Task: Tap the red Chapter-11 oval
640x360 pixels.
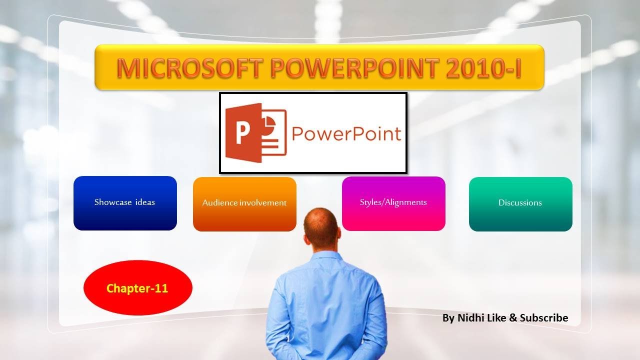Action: pyautogui.click(x=137, y=288)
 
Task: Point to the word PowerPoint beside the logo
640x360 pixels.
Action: pyautogui.click(x=346, y=134)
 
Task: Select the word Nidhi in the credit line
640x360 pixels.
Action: pyautogui.click(x=469, y=318)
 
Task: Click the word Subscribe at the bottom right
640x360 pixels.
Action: pyautogui.click(x=544, y=318)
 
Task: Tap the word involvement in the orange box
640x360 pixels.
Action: pyautogui.click(x=262, y=203)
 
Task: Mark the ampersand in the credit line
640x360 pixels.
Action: pyautogui.click(x=513, y=318)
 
